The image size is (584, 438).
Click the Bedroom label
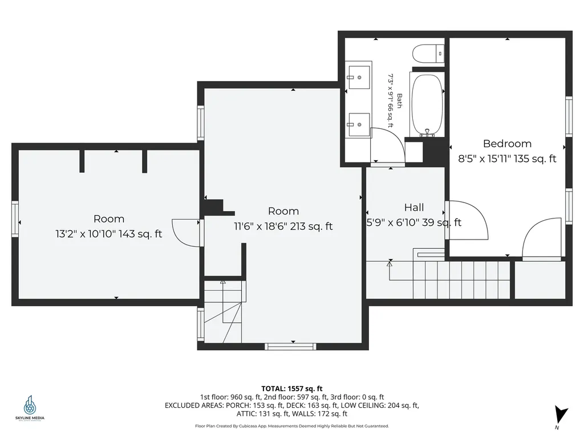[507, 144]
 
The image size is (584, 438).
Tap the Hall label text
[414, 208]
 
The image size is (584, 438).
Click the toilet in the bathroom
[428, 53]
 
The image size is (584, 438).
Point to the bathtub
[427, 105]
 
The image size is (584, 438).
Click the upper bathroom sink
[359, 78]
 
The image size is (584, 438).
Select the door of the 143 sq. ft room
[185, 233]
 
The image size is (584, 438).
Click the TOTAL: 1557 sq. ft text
[292, 389]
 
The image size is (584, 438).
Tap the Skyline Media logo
[30, 408]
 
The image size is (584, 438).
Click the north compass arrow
[561, 415]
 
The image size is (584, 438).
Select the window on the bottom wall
[290, 347]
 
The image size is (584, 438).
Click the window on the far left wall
[15, 219]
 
